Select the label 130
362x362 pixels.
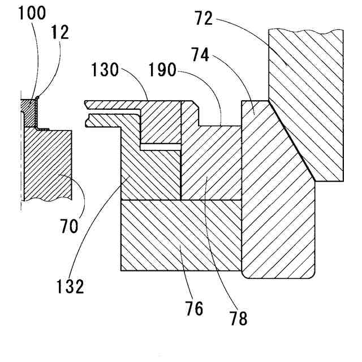point(104,71)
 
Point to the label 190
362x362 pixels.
point(165,71)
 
